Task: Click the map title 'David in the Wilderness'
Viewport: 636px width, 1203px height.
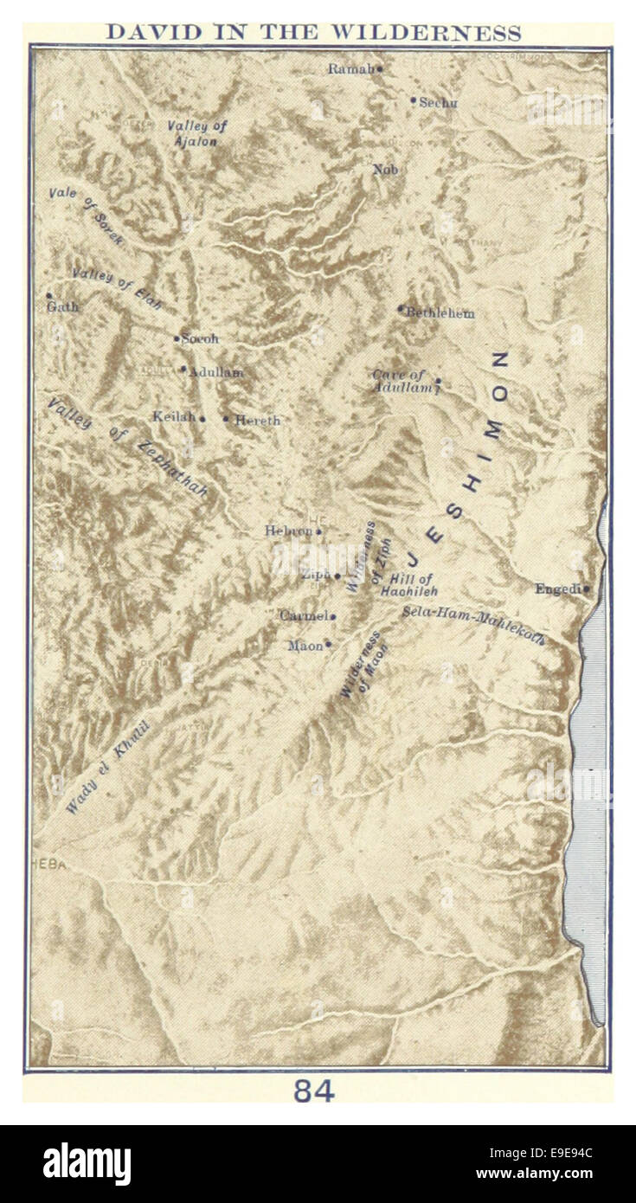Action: pyautogui.click(x=313, y=33)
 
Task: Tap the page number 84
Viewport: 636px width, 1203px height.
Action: pyautogui.click(x=313, y=1091)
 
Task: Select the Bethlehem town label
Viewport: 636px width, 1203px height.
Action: pyautogui.click(x=440, y=313)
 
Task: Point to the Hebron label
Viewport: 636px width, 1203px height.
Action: pyautogui.click(x=289, y=531)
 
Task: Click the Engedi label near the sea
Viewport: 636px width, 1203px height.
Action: pyautogui.click(x=557, y=589)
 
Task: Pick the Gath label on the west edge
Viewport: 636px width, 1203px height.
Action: pyautogui.click(x=63, y=306)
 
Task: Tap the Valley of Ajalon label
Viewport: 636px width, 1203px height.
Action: pyautogui.click(x=196, y=133)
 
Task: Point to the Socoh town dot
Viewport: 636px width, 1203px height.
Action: pyautogui.click(x=177, y=338)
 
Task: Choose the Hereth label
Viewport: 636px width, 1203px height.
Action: pyautogui.click(x=257, y=420)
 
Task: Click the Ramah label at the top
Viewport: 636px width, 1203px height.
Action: pyautogui.click(x=350, y=68)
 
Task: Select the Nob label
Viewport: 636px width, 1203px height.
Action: pyautogui.click(x=385, y=170)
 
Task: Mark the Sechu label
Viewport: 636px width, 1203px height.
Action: pyautogui.click(x=438, y=102)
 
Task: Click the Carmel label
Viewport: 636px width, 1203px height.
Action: pyautogui.click(x=303, y=615)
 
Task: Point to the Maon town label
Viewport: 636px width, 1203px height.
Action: pyautogui.click(x=305, y=646)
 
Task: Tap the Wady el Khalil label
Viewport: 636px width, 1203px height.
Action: pyautogui.click(x=108, y=767)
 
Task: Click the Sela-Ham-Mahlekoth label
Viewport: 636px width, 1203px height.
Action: pyautogui.click(x=472, y=625)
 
